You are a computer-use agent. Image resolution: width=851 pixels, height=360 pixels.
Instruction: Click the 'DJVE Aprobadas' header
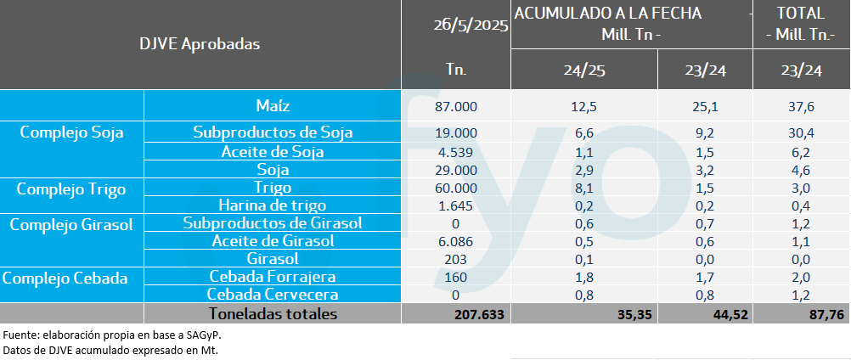pos(200,43)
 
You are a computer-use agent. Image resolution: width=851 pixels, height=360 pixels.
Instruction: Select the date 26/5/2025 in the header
pos(469,26)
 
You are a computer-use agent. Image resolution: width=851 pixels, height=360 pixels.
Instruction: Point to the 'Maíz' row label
pos(273,106)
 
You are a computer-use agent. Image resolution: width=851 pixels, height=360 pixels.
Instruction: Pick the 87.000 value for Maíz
pos(456,106)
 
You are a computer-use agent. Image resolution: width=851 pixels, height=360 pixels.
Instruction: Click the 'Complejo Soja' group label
pos(72,132)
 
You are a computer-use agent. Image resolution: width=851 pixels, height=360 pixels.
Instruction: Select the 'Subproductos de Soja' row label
pos(273,132)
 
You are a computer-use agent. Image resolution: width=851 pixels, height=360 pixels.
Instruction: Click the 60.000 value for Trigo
pos(456,188)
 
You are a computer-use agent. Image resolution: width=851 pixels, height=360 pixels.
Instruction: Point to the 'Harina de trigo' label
pos(273,205)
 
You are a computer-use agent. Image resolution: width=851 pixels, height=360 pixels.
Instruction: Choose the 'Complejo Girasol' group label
pos(72,224)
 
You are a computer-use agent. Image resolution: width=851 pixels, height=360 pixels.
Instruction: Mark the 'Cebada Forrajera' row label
pos(273,277)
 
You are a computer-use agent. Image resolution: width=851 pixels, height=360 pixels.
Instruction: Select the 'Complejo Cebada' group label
pos(72,277)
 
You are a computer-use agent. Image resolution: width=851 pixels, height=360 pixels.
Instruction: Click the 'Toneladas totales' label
pos(273,314)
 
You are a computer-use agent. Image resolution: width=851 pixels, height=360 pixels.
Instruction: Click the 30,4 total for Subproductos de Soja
pos(802,132)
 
